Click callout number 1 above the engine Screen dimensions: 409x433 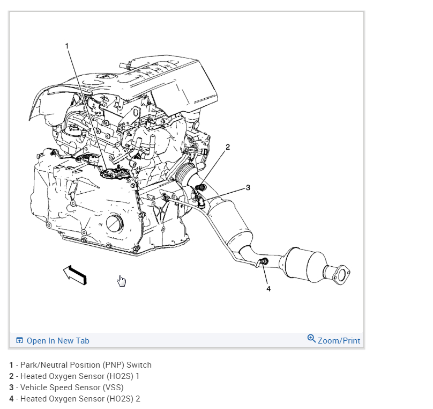[x=67, y=46]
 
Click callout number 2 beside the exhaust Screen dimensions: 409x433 [x=228, y=147]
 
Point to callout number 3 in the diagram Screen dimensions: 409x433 [x=248, y=187]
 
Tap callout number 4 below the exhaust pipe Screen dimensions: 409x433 [x=268, y=288]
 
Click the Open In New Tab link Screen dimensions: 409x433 [x=58, y=341]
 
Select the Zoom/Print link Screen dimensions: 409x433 [x=339, y=341]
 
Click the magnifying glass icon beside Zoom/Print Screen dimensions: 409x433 [x=311, y=339]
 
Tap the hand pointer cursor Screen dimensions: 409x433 [x=122, y=281]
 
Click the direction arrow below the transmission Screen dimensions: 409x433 [x=75, y=274]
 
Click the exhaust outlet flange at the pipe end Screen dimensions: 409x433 [x=340, y=274]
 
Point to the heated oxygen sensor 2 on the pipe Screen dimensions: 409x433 [x=264, y=262]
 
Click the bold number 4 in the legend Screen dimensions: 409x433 [x=11, y=399]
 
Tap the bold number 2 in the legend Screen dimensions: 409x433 [x=11, y=376]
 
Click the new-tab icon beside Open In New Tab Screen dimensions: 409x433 [x=20, y=341]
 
